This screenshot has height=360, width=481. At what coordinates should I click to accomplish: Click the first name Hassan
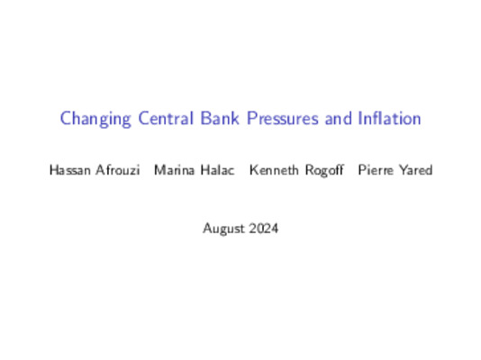click(x=70, y=169)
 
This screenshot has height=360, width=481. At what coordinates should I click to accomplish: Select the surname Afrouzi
click(x=119, y=169)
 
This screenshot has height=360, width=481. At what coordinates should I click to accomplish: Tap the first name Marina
click(x=173, y=169)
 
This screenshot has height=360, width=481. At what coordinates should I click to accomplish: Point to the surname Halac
click(x=214, y=169)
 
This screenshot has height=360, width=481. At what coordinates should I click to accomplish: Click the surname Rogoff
click(x=322, y=169)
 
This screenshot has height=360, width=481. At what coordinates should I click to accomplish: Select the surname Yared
click(x=415, y=169)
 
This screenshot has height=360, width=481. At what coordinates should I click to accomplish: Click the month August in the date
click(x=222, y=229)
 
